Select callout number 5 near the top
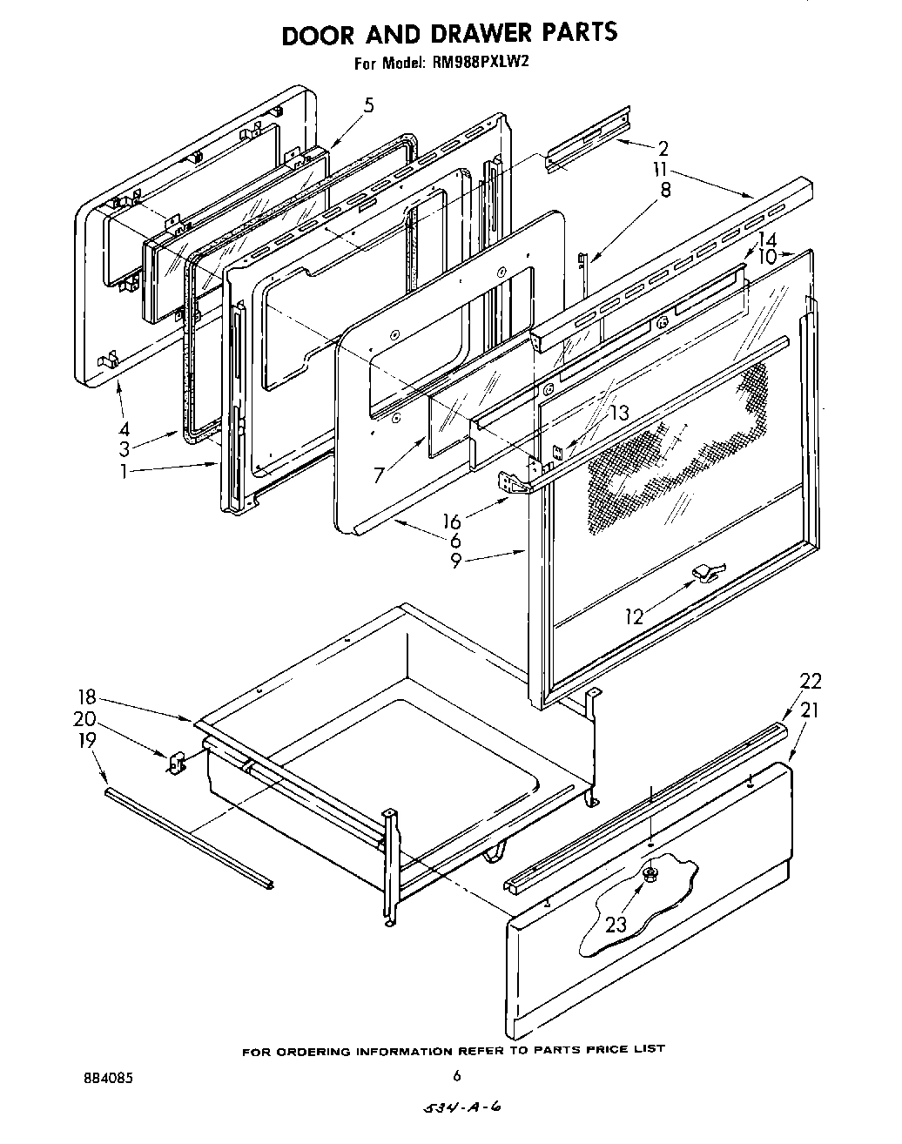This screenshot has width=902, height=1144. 368,106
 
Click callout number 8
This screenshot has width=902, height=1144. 665,189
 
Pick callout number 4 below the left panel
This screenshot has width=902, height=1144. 124,428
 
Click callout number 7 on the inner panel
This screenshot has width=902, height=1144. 378,474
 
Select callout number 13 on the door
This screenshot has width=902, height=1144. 618,413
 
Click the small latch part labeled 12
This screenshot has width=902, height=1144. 706,570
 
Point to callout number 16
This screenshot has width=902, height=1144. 451,522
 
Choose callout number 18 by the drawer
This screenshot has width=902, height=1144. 85,697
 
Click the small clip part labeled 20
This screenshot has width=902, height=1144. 177,763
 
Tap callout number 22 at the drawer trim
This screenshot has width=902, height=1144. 810,681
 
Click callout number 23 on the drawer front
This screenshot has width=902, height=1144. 616,924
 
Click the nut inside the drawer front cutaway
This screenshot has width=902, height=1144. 650,872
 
